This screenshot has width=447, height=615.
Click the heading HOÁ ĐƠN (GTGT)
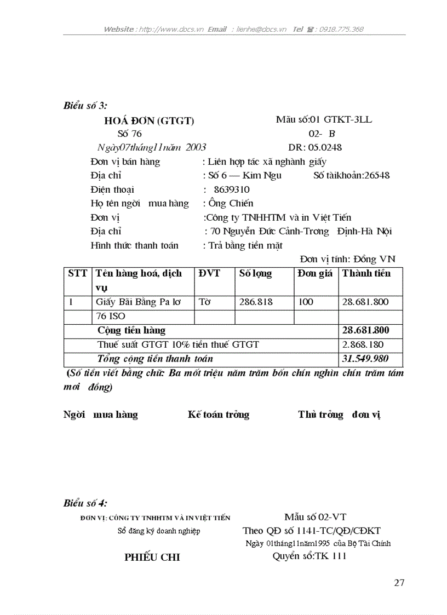(149, 121)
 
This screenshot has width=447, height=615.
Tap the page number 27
(399, 583)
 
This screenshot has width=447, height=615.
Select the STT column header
(77, 273)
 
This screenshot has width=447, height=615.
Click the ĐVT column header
(209, 273)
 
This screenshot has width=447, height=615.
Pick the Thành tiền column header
(366, 273)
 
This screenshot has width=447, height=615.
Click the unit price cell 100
(306, 302)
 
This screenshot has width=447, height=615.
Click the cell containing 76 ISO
(111, 316)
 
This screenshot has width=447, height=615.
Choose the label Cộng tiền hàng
(131, 331)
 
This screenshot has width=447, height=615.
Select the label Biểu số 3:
(85, 106)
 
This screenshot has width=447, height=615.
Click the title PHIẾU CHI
(152, 557)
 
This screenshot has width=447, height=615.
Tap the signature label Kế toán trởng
(218, 415)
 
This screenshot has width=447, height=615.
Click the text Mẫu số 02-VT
(315, 517)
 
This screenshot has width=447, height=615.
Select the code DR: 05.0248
(315, 147)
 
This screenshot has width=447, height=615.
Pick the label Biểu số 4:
(85, 503)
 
